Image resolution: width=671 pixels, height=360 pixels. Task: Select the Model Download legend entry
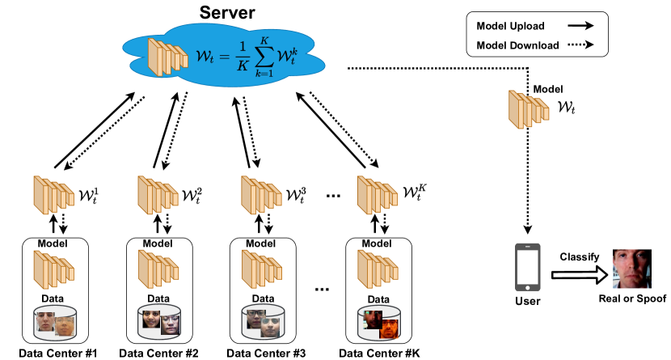517,45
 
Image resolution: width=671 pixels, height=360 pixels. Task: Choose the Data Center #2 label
158,353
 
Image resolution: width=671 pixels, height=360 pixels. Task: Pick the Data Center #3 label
266,353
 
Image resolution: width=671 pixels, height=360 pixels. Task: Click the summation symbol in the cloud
264,56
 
